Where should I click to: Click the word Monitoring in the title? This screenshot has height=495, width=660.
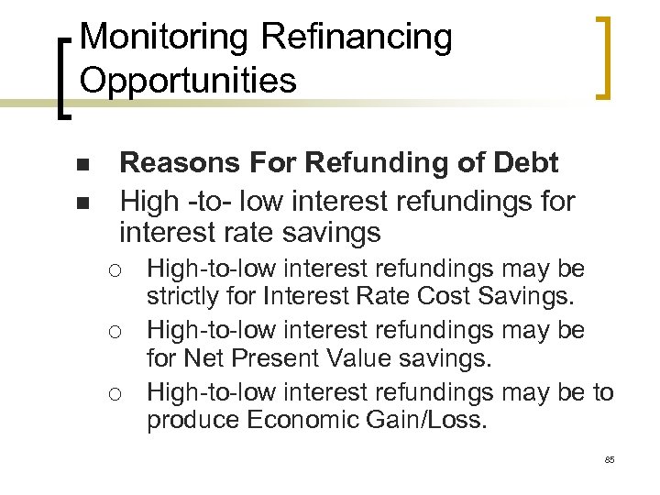click(x=164, y=38)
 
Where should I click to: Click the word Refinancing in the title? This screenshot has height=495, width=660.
click(x=357, y=38)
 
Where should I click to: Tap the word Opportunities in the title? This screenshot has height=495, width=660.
click(x=188, y=80)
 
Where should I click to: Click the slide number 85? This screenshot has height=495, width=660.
click(x=610, y=459)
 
